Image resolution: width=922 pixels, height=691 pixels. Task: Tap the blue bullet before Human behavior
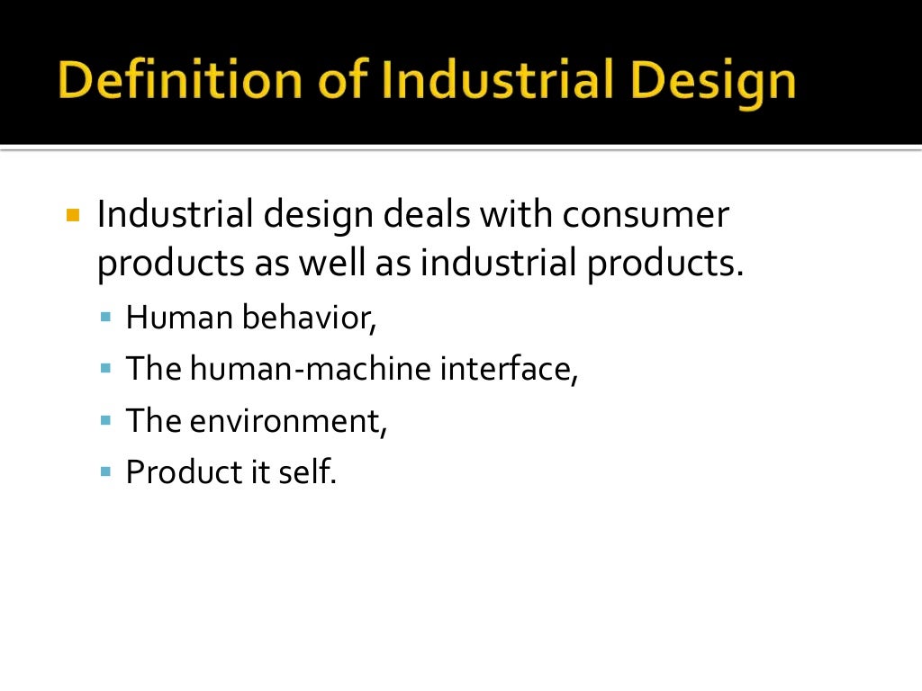coord(105,318)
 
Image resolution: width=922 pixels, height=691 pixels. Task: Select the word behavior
coord(308,319)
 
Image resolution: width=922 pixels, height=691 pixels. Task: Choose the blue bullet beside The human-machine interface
coord(105,369)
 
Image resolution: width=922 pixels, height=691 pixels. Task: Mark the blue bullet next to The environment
coord(105,420)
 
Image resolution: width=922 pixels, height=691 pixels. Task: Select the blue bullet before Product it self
coord(105,471)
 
